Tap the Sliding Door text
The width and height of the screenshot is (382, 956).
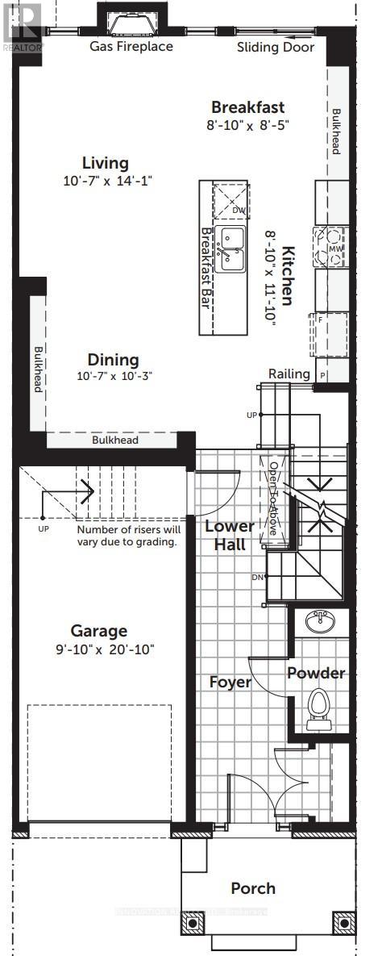pyautogui.click(x=276, y=47)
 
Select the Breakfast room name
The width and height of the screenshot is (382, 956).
pyautogui.click(x=247, y=107)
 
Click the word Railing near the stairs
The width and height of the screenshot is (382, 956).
pyautogui.click(x=289, y=374)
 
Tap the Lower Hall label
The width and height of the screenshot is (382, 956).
pyautogui.click(x=229, y=535)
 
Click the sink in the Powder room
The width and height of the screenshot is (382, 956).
pyautogui.click(x=322, y=621)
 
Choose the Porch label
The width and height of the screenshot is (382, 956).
pyautogui.click(x=252, y=888)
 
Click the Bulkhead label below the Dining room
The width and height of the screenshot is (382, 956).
pyautogui.click(x=114, y=440)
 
